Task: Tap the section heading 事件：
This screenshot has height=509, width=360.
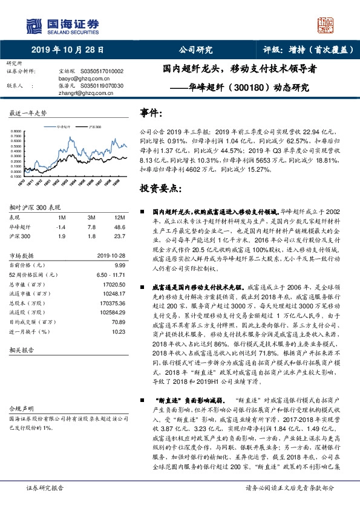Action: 151,114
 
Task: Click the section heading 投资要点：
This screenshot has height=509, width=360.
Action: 160,189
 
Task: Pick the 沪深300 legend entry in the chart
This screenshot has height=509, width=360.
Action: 96,128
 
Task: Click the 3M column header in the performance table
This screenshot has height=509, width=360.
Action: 91,217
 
